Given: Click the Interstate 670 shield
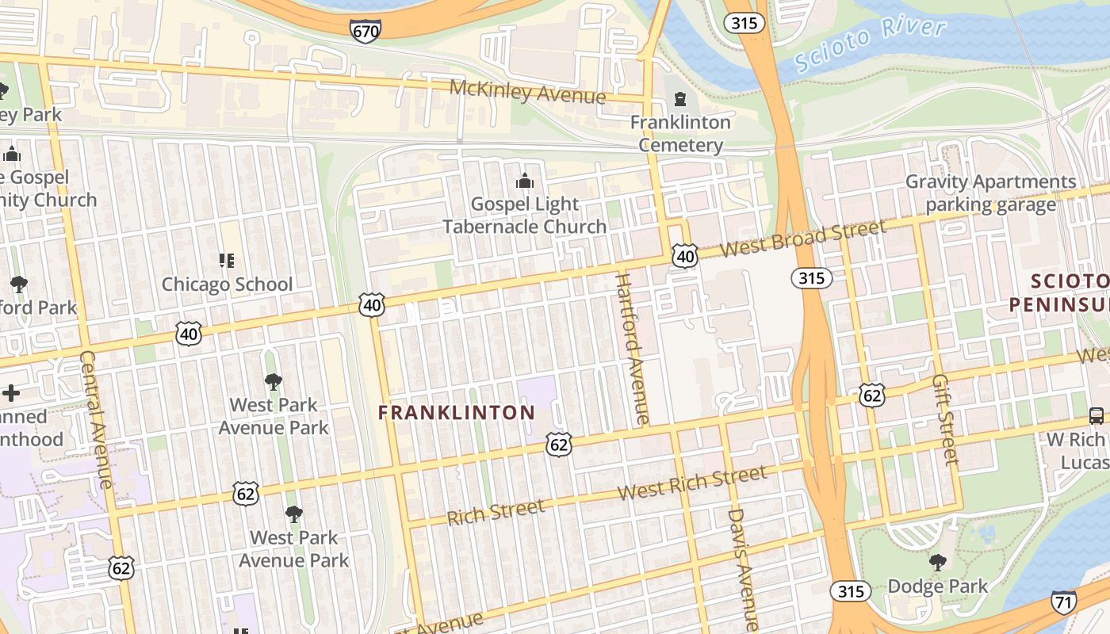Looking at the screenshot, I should (365, 30).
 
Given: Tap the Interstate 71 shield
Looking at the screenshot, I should (1064, 602).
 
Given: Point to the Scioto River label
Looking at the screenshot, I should (870, 46).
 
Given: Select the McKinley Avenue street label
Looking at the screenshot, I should (527, 92).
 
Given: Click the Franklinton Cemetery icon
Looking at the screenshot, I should (679, 99).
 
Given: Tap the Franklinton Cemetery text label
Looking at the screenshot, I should (680, 133).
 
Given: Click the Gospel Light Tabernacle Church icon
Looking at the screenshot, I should (524, 181).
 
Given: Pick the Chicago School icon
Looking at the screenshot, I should (227, 261).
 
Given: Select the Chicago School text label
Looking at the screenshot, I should (227, 284).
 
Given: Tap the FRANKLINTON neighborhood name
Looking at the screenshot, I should (457, 413).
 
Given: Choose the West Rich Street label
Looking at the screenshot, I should (692, 483).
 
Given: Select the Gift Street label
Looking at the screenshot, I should (945, 420).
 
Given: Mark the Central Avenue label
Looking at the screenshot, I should (97, 419).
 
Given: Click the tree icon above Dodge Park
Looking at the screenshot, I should (938, 563).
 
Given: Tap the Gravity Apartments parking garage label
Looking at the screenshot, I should (991, 193).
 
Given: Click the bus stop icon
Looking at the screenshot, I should (1097, 416).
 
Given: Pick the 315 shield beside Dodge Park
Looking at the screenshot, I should (851, 591).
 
